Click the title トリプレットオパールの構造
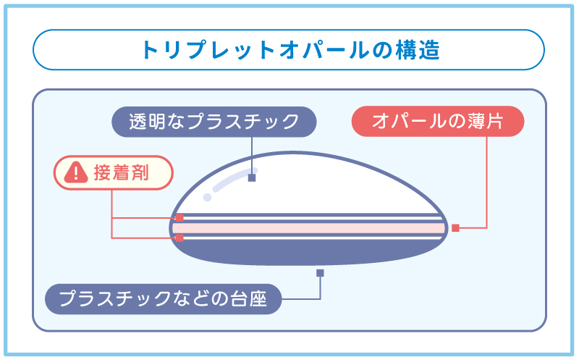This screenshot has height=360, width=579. click(x=289, y=50)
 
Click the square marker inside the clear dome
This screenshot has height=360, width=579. click(x=252, y=177)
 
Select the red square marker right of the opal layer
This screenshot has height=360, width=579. click(x=455, y=227)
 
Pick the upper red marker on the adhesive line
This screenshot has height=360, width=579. click(x=179, y=217)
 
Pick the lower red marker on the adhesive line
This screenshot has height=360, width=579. click(x=179, y=237)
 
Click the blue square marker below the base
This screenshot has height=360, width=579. click(x=320, y=273)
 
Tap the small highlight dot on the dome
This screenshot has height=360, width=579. click(x=208, y=197)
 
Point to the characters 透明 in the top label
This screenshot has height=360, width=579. click(x=145, y=122)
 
